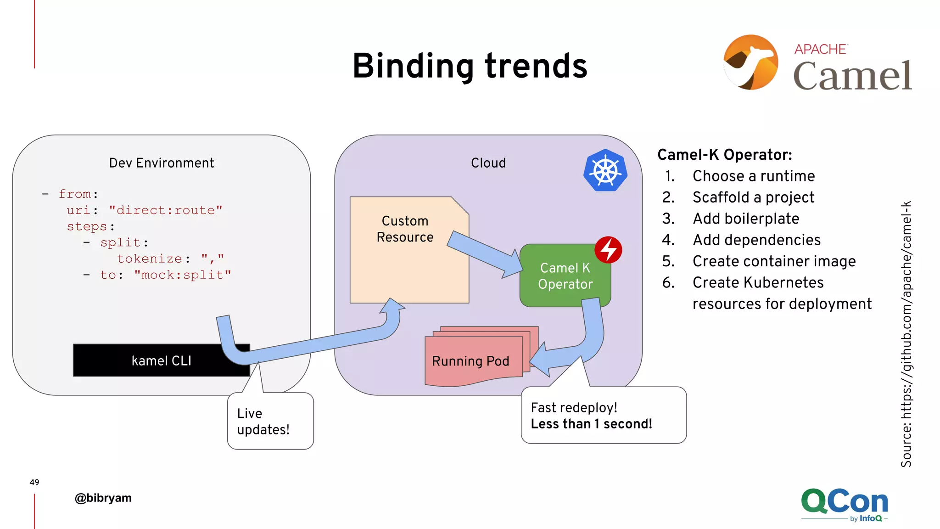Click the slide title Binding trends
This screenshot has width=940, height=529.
tap(470, 66)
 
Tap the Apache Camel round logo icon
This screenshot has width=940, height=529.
tap(751, 62)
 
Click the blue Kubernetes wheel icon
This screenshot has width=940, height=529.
tap(605, 170)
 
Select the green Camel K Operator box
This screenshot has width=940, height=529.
tap(565, 276)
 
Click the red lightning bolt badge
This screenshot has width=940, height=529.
tap(608, 250)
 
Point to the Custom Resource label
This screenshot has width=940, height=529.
tap(405, 229)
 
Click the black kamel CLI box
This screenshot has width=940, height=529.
tap(161, 360)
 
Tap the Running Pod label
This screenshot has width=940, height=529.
tap(470, 361)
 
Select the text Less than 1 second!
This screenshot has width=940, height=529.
tap(591, 424)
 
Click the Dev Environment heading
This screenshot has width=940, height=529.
tap(162, 163)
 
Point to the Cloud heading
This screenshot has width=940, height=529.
tap(488, 163)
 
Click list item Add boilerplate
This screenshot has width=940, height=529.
tap(746, 219)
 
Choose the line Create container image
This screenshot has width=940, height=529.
tap(774, 261)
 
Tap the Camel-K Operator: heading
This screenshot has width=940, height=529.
tap(724, 155)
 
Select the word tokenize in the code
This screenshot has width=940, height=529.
tap(150, 259)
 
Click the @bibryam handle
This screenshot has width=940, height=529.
tap(103, 498)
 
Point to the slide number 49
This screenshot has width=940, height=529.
tap(34, 482)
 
